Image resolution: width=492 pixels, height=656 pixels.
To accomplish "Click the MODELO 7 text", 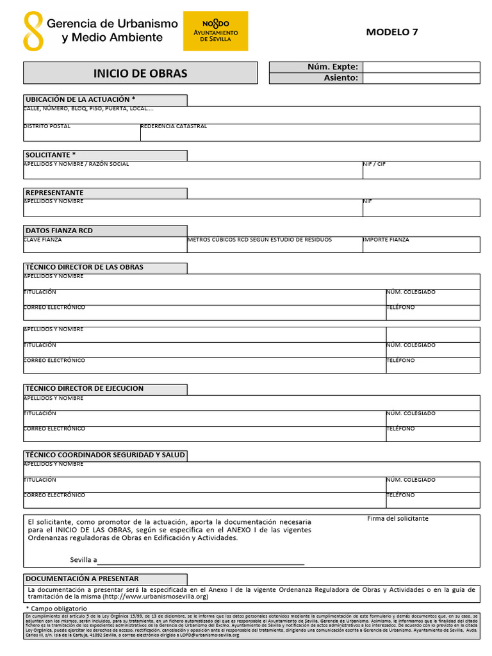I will click(x=392, y=32).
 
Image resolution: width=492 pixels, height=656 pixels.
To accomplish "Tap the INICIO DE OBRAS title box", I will click(x=140, y=73).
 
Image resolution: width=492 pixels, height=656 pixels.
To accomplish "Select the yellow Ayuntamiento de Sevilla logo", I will click(x=215, y=31).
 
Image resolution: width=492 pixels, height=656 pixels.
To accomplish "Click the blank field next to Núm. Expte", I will click(x=421, y=67).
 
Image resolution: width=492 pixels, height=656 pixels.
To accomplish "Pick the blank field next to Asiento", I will click(x=421, y=78).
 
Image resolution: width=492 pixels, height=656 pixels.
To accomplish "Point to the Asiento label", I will click(x=340, y=78).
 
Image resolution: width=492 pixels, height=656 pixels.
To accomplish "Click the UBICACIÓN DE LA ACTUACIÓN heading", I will click(x=80, y=100).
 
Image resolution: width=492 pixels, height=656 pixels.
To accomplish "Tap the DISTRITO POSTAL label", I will click(x=47, y=127).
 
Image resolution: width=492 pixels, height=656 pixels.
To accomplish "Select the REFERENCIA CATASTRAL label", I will click(x=174, y=127).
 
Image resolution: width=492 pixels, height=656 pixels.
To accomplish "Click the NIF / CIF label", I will click(x=374, y=164).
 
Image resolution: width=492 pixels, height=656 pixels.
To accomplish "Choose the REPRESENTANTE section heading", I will click(x=54, y=193).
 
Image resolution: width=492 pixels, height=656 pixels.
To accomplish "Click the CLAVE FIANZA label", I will click(x=43, y=240).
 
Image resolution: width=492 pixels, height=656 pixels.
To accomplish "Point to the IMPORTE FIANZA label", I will click(x=386, y=240).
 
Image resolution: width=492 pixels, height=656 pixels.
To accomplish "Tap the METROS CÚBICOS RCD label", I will click(x=259, y=240).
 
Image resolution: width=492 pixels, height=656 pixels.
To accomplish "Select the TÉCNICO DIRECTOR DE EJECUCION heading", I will click(x=84, y=388).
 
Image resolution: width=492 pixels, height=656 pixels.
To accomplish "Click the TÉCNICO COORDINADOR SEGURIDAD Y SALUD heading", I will click(x=105, y=455).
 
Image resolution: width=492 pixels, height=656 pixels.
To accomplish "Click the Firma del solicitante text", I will click(x=398, y=518).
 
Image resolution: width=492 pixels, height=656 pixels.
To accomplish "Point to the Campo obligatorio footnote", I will click(x=56, y=608).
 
